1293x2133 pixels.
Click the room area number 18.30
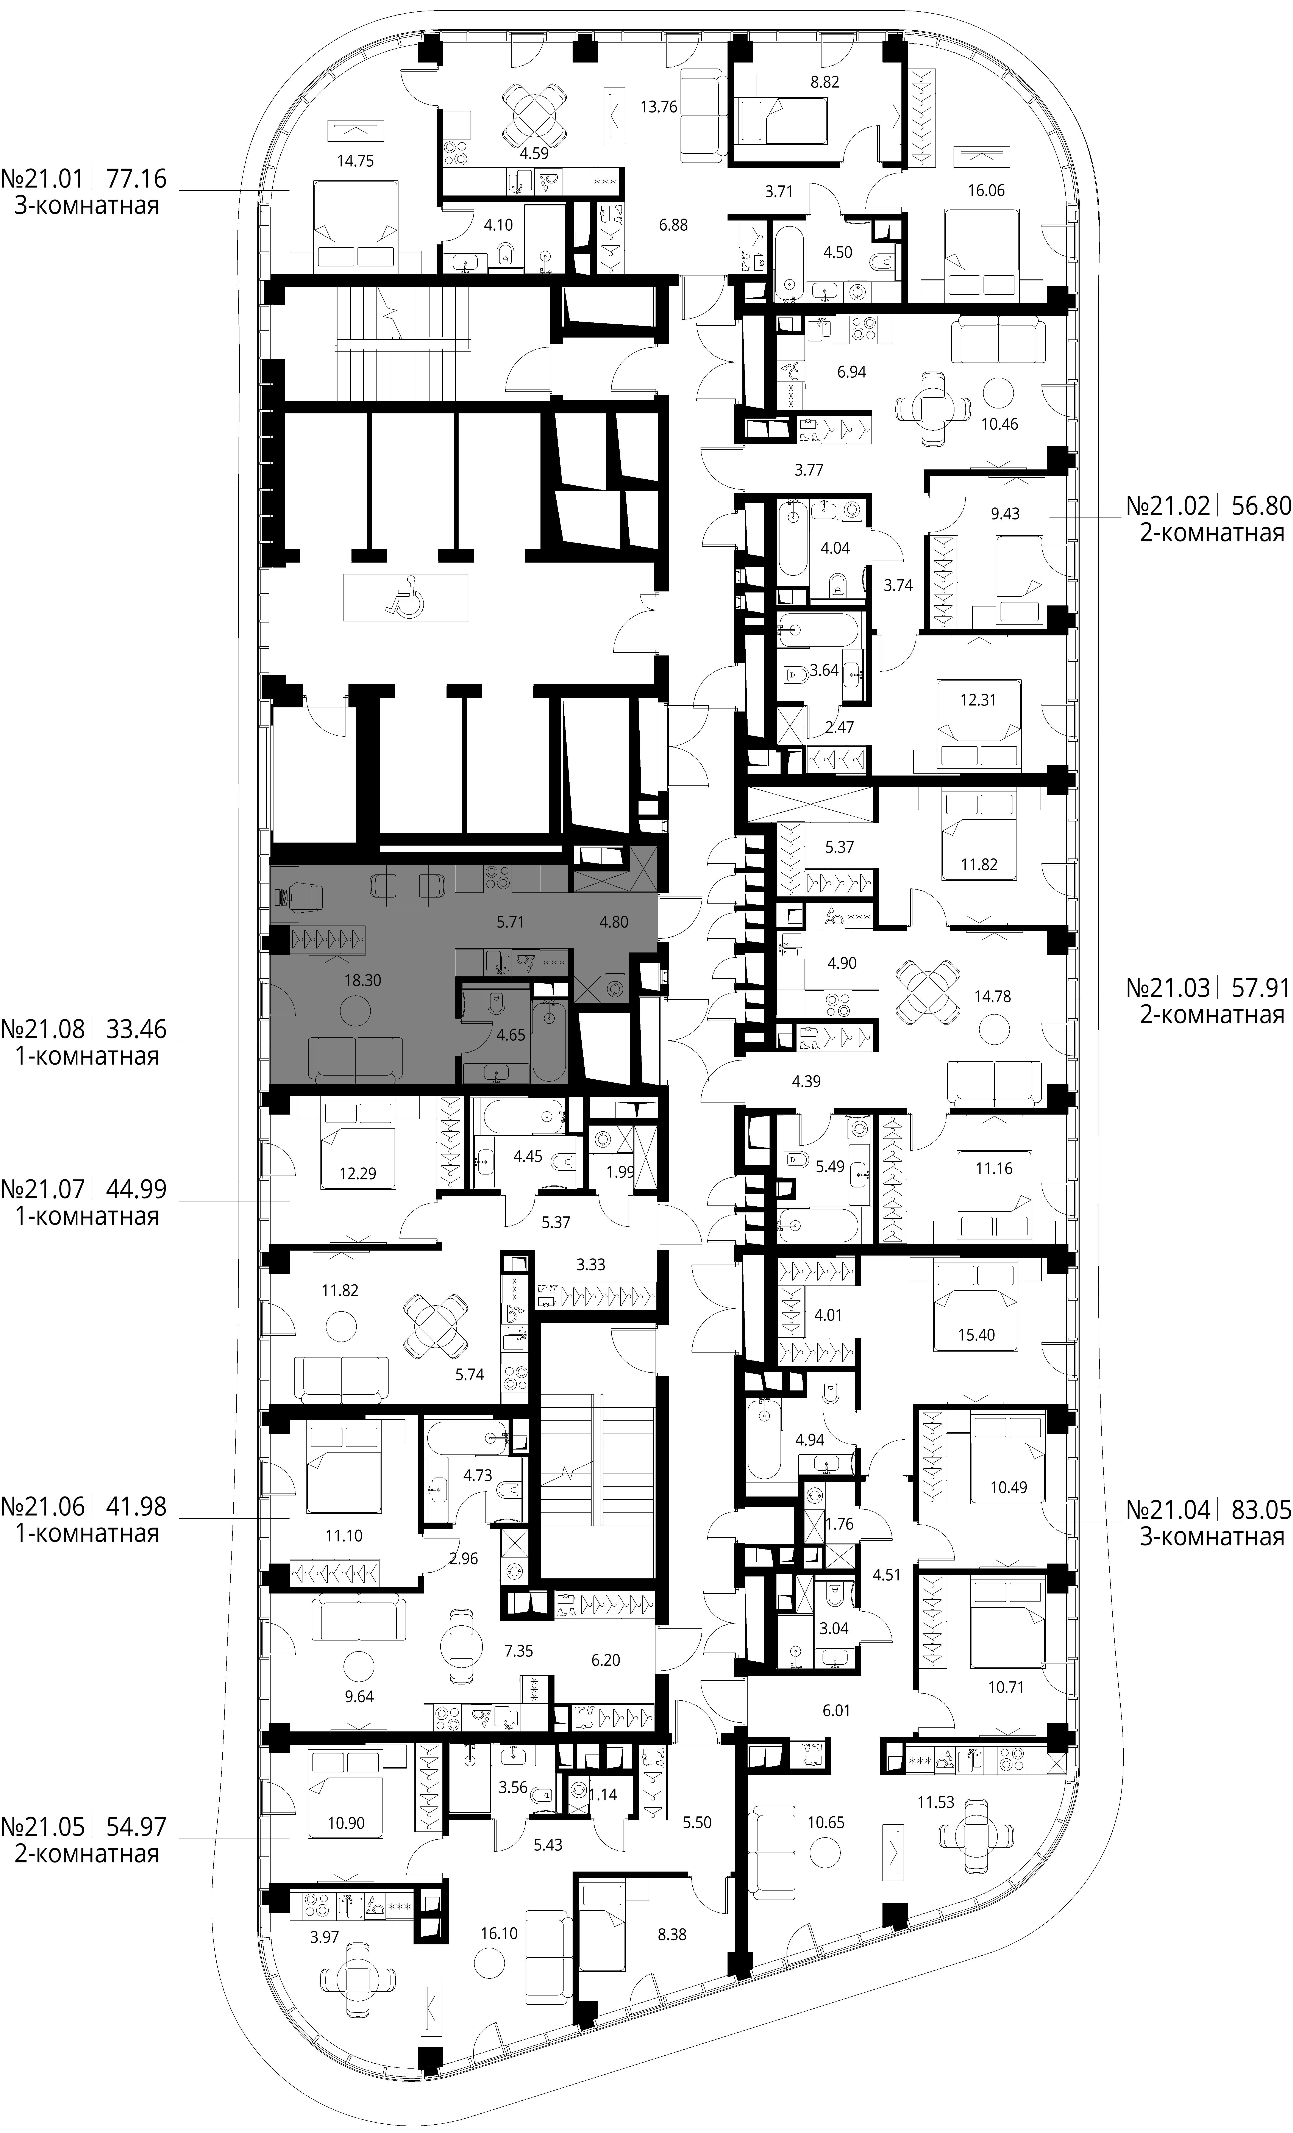tap(363, 981)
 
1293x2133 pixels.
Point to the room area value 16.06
tap(986, 191)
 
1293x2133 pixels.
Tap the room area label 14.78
tap(992, 996)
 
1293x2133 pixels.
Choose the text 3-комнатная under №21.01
tap(87, 206)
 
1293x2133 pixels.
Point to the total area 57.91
tap(1260, 988)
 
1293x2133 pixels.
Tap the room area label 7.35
tap(518, 1651)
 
